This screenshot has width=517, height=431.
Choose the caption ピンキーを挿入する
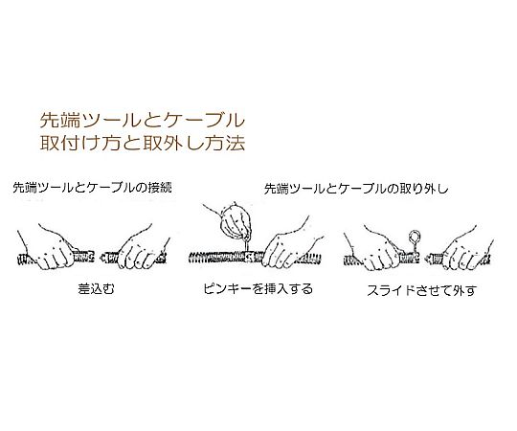[x=257, y=287]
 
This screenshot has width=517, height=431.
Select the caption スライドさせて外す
[x=415, y=287]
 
